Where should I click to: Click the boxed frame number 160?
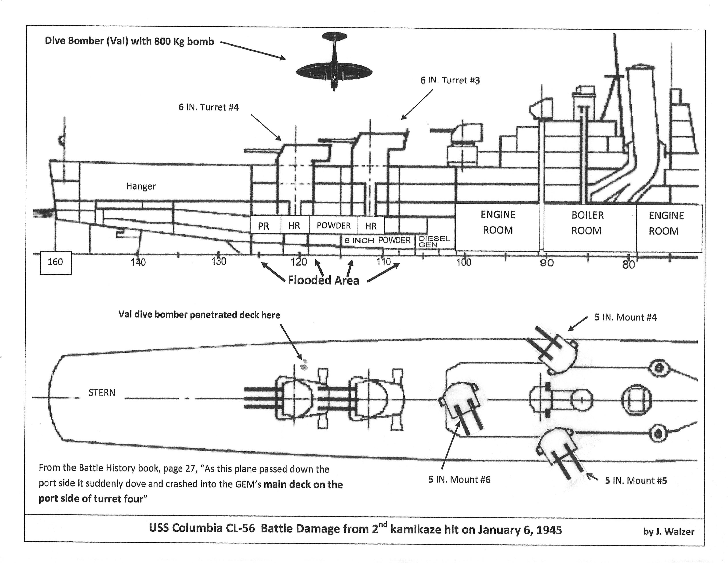click(55, 262)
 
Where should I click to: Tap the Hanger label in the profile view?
click(141, 186)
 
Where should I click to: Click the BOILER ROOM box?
click(587, 223)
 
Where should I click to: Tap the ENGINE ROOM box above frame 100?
click(498, 222)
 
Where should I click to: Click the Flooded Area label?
click(323, 280)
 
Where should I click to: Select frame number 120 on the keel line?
click(299, 262)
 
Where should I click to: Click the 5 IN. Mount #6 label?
click(459, 480)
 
